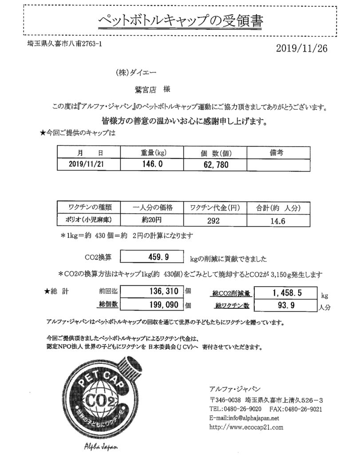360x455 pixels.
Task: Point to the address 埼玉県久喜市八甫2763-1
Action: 62,44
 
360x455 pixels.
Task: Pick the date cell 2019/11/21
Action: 89,164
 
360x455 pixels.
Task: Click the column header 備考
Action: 277,153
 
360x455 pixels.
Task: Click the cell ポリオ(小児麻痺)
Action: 90,220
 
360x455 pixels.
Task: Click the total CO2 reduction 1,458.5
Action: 288,294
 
